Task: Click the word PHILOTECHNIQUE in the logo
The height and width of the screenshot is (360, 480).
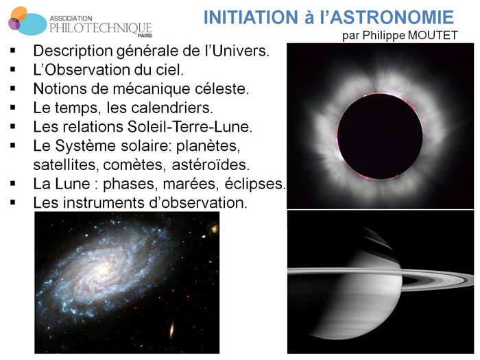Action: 101,27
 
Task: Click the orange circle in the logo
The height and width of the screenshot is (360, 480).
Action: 20,13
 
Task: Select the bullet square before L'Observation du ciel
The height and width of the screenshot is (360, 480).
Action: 13,70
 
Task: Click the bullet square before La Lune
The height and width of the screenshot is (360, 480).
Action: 13,185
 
